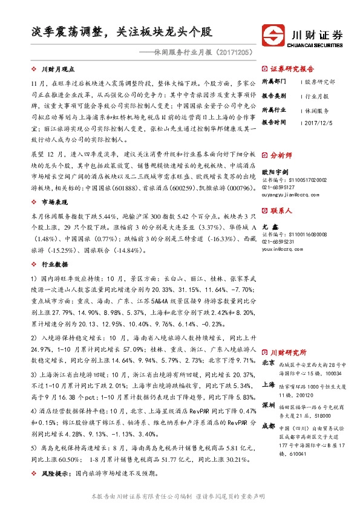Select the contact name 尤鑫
269,225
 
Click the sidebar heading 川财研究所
288,352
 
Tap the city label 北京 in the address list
269,363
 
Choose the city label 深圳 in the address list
269,404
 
